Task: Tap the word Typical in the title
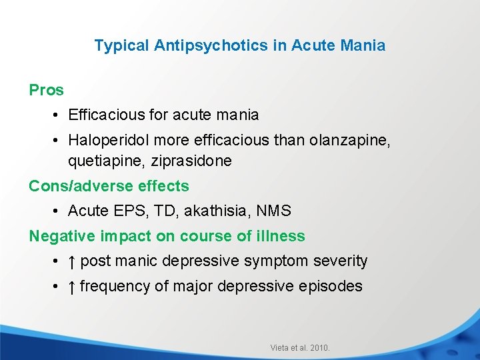point(122,46)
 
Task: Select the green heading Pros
point(46,90)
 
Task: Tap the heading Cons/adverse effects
point(109,186)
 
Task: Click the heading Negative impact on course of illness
point(167,236)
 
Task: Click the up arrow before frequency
point(71,287)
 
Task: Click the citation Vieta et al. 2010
point(300,347)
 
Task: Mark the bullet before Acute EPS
point(57,211)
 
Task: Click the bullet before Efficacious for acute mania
point(57,115)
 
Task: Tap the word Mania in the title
point(363,46)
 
